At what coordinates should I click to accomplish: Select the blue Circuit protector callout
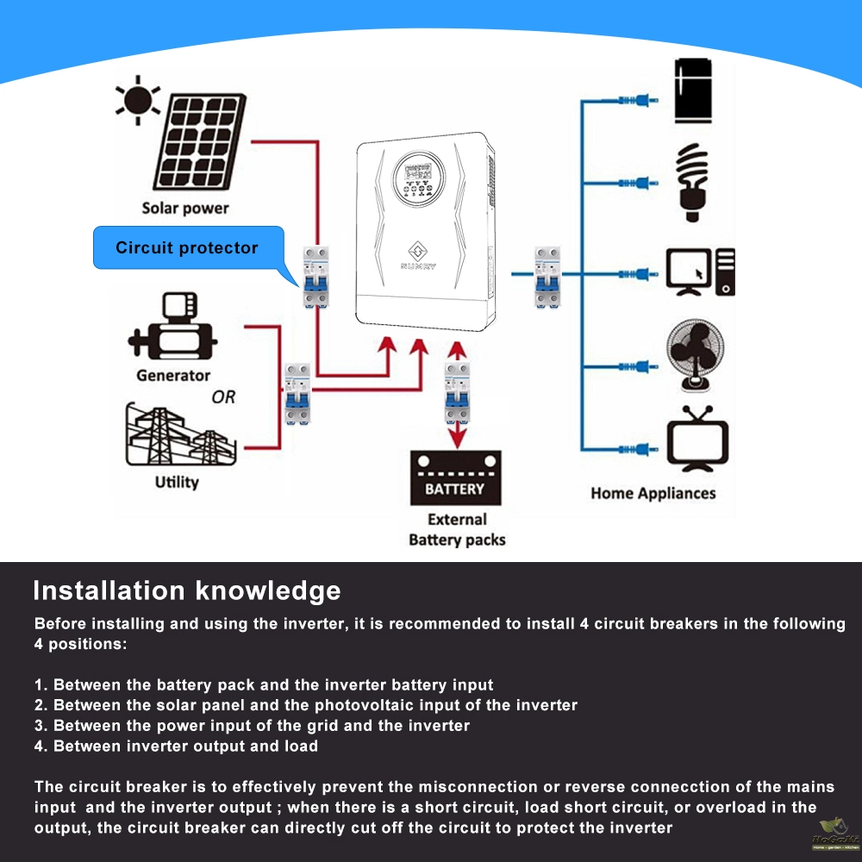[188, 248]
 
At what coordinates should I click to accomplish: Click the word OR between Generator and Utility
[223, 397]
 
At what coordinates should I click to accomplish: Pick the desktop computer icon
[700, 272]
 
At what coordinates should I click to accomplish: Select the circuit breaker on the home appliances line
[547, 276]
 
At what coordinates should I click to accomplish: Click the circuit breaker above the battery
[458, 392]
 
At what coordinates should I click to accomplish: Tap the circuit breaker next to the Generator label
[297, 392]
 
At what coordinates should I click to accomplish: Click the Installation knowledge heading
[186, 590]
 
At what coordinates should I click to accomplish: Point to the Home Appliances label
[653, 493]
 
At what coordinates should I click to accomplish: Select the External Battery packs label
[457, 529]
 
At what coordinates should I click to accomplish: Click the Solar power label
[185, 208]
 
